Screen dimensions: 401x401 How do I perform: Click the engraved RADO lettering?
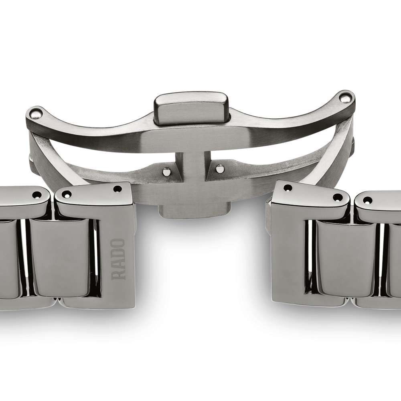(x=118, y=259)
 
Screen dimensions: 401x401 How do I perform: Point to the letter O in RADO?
(x=118, y=243)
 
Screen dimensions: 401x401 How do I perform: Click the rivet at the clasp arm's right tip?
(x=345, y=97)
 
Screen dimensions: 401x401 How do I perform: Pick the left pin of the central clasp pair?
(x=166, y=171)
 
